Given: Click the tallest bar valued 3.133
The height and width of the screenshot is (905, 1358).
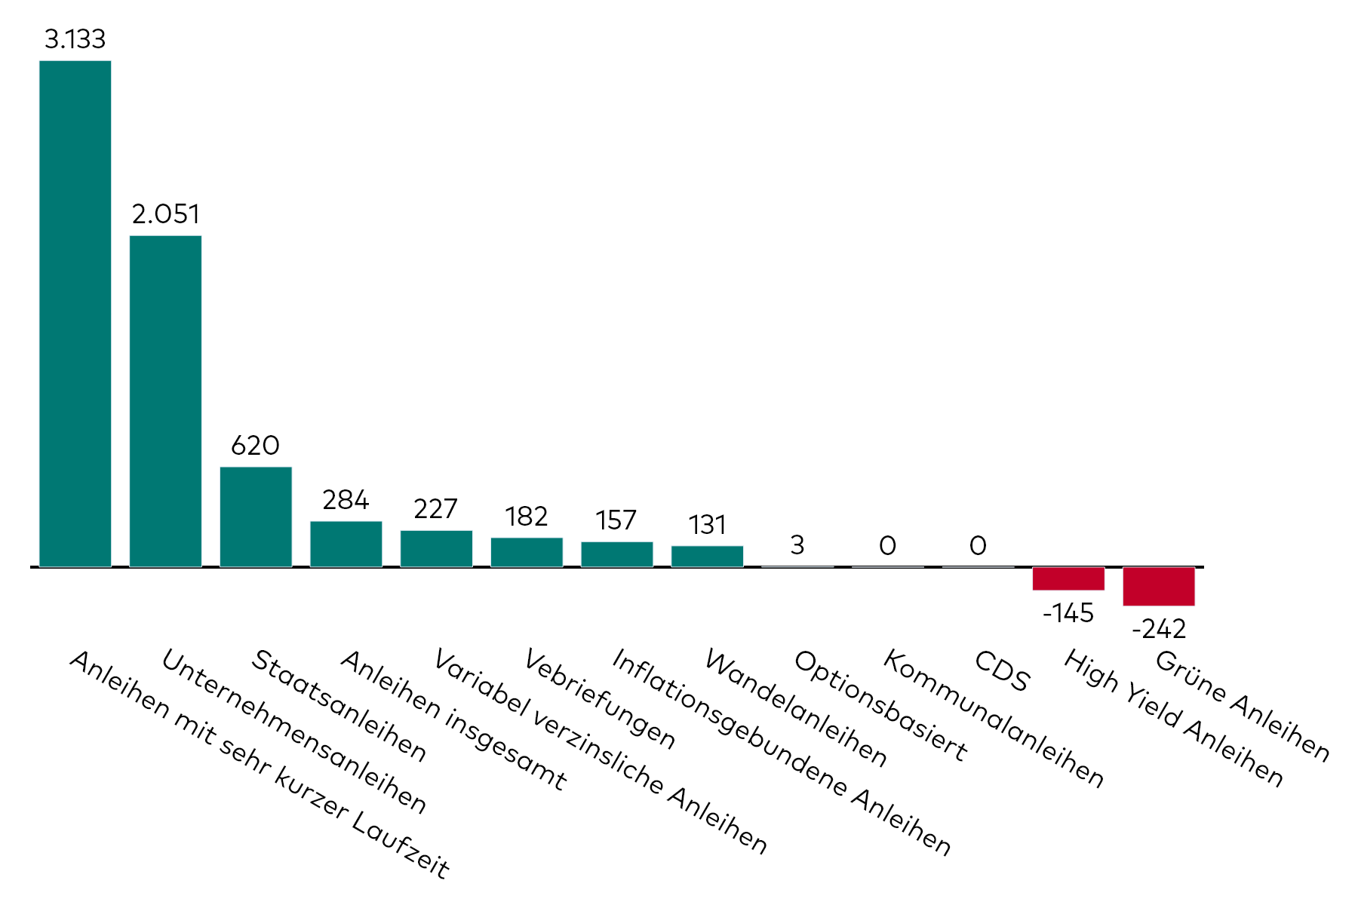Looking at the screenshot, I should [75, 313].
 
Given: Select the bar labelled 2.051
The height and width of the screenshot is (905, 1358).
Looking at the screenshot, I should [165, 400].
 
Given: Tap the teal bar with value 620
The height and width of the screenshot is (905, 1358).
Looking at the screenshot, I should [256, 517].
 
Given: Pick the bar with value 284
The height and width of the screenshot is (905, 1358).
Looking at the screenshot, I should [346, 544].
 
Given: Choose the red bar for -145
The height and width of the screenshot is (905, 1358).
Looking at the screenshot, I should [1068, 578].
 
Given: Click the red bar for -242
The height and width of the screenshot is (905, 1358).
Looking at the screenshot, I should [1159, 586].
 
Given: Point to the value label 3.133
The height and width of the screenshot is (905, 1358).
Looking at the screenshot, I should [75, 39].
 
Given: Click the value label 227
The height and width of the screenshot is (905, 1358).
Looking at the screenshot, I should [436, 509].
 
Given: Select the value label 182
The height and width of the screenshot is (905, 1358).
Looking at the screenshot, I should [527, 517].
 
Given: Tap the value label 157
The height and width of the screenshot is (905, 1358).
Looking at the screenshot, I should [616, 520].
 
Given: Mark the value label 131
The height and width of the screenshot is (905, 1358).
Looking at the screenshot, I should [707, 525].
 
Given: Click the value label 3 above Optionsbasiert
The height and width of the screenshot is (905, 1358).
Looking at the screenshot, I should [797, 545].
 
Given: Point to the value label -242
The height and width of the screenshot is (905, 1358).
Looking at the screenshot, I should [1159, 629].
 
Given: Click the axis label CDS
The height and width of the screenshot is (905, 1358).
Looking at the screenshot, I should [1002, 671].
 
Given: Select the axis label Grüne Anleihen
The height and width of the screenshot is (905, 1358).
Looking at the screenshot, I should [1243, 705].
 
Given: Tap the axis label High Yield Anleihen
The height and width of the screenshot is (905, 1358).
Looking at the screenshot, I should [1173, 718].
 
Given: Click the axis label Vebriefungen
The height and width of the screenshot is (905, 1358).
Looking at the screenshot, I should [600, 698].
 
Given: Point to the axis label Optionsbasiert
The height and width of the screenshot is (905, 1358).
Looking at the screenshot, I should [880, 705].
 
